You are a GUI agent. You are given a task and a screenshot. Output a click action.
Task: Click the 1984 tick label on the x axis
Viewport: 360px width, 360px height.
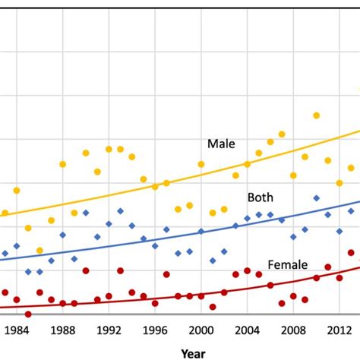pos(17,330)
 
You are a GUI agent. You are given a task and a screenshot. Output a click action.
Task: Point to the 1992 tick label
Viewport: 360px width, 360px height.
pos(109,330)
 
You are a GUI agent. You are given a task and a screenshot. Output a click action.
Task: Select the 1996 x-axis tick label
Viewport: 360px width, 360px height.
pos(155,330)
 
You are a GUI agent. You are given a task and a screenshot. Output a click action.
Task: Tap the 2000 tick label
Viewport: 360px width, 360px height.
pos(201,330)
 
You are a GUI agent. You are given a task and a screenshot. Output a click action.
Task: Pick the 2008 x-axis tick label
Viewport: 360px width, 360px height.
pos(292,330)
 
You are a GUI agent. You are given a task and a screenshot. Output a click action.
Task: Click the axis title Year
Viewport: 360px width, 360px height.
pos(194,352)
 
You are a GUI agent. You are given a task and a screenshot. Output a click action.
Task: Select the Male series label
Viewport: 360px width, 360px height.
pos(222,144)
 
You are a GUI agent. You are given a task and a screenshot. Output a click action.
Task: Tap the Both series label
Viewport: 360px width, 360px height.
pos(260,197)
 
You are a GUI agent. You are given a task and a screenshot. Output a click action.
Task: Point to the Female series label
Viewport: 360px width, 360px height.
pos(287,265)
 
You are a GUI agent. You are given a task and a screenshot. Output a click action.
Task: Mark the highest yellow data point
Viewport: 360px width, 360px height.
pos(316,115)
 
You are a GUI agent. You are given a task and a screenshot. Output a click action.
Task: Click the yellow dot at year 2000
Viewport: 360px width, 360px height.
pos(201,164)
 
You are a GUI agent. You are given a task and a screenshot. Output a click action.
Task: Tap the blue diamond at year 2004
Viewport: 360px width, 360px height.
pos(247,218)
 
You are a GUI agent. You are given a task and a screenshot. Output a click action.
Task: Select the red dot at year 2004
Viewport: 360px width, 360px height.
pos(247,271)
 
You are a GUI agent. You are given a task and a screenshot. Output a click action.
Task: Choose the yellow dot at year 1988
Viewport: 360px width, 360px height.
pos(63,164)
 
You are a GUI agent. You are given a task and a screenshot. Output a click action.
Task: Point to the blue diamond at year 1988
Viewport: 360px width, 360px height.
pos(63,235)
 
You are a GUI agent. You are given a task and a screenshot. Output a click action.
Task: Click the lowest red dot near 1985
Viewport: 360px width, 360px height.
pos(28,314)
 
